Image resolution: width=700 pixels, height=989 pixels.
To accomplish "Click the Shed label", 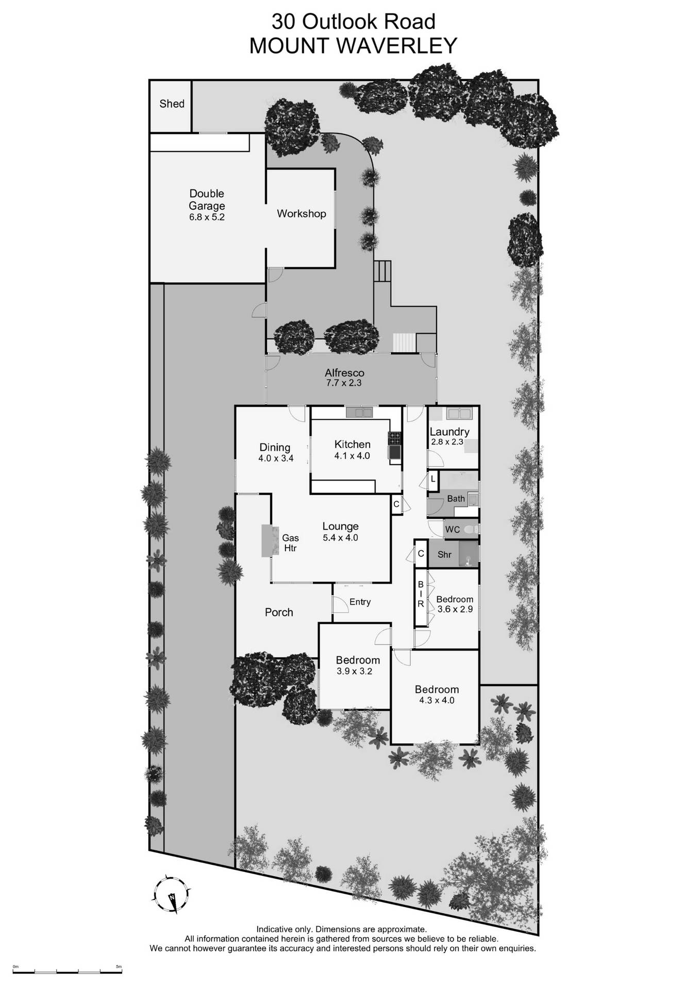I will point(172,104).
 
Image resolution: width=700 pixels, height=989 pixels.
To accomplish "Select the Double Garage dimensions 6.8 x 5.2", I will point(207,217).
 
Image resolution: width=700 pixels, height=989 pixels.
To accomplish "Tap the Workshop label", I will point(302,213).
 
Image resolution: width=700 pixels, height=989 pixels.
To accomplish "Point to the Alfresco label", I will point(344,373).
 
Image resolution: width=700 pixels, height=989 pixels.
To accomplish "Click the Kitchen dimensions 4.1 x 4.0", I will point(352,455).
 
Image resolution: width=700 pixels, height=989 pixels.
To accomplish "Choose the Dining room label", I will point(275,448).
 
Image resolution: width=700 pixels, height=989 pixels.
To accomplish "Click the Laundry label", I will point(449,432).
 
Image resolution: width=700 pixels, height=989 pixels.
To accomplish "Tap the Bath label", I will point(456,499).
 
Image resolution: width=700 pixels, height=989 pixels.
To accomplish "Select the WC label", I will point(452,530).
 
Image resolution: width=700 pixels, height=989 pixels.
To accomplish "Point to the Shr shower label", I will point(444,555).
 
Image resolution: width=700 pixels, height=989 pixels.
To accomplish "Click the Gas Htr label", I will point(291,543).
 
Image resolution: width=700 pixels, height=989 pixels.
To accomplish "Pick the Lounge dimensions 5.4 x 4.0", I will point(340,538).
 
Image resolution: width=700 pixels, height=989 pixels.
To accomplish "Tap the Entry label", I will point(360,602).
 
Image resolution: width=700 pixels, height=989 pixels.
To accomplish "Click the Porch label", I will point(279,612).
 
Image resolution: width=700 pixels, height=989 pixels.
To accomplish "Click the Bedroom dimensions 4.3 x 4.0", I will point(437,701).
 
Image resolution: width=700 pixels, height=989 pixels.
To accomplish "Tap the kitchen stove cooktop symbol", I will point(395,438).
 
